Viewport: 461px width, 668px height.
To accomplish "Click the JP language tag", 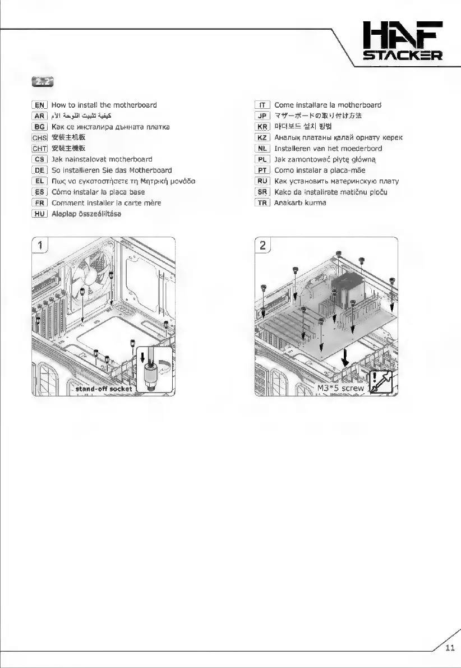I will pyautogui.click(x=262, y=116).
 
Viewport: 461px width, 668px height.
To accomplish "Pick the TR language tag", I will pyautogui.click(x=262, y=202).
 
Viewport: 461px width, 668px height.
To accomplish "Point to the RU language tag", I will pyautogui.click(x=262, y=181).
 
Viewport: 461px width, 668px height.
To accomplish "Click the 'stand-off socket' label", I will pyautogui.click(x=103, y=388).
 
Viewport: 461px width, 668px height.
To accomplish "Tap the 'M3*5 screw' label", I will pyautogui.click(x=340, y=388).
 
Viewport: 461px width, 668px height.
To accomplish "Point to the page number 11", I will pyautogui.click(x=449, y=649).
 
